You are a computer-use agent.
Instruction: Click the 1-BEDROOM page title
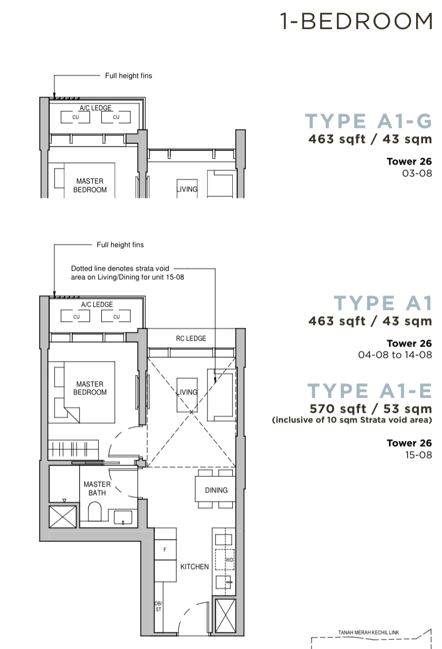point(356,22)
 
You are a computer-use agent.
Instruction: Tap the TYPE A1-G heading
point(369,122)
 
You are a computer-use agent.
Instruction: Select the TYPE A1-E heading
point(370,390)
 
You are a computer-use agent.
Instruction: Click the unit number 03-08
point(418,173)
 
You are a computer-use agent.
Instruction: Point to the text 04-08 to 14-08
point(395,355)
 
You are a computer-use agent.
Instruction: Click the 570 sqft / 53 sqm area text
point(370,408)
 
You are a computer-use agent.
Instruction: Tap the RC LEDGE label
point(191,338)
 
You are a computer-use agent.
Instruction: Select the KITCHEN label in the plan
point(194,567)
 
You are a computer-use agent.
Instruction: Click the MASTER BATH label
point(97,489)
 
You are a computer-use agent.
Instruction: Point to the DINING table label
point(216,490)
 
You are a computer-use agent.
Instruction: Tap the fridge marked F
point(165,550)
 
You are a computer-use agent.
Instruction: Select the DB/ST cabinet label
point(158,606)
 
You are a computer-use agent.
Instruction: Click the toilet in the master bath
point(95,512)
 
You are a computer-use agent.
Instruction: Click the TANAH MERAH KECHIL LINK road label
point(369,633)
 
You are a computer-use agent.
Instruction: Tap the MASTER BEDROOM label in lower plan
point(90,388)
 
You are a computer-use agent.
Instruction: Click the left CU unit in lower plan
point(77,317)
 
